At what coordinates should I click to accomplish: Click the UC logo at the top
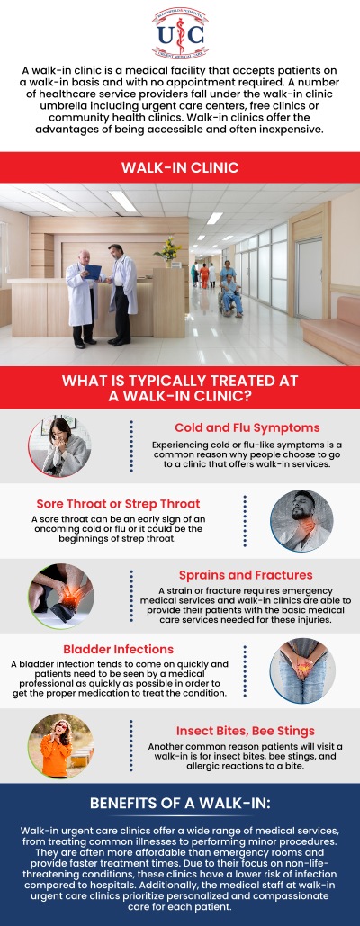179,31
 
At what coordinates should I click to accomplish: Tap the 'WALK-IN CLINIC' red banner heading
180,167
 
